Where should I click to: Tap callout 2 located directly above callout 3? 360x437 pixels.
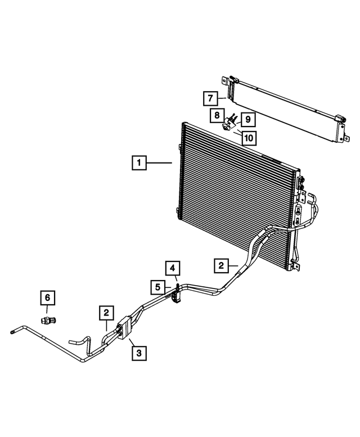pyautogui.click(x=105, y=312)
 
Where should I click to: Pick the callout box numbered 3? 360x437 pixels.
pyautogui.click(x=139, y=353)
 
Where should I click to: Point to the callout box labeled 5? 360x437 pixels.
pyautogui.click(x=158, y=287)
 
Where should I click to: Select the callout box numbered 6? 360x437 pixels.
pyautogui.click(x=47, y=298)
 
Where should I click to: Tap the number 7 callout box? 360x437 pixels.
pyautogui.click(x=209, y=99)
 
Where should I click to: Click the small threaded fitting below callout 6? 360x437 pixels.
pyautogui.click(x=47, y=319)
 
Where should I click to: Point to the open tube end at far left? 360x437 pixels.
pyautogui.click(x=12, y=332)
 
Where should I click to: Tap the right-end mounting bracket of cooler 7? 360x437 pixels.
pyautogui.click(x=340, y=127)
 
